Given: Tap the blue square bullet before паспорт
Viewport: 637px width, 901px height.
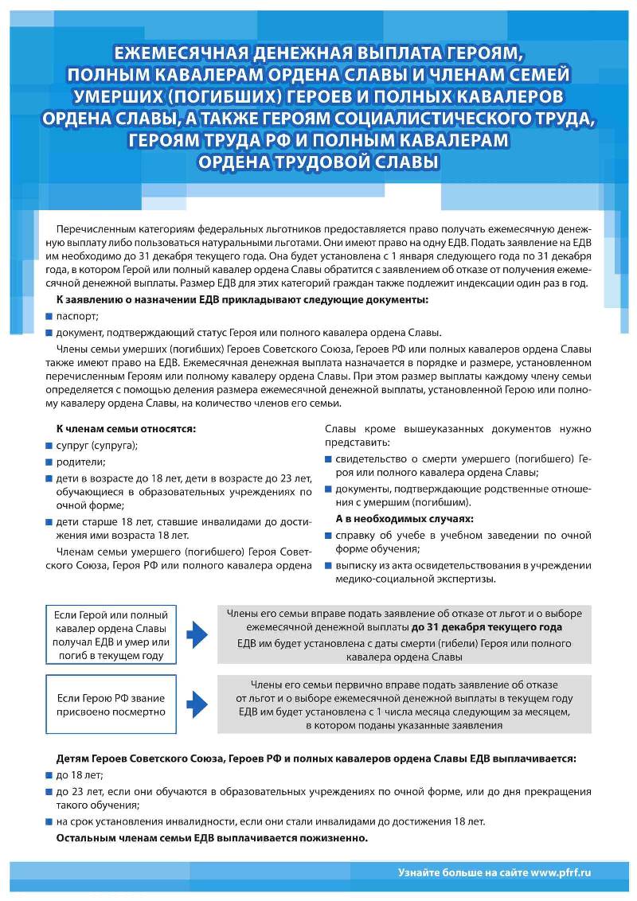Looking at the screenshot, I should [x=49, y=316].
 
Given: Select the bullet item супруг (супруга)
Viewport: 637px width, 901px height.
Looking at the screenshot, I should [x=96, y=445].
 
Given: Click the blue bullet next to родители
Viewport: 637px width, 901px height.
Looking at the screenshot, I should [x=49, y=462].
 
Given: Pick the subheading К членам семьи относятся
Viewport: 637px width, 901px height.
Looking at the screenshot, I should [x=126, y=428].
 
